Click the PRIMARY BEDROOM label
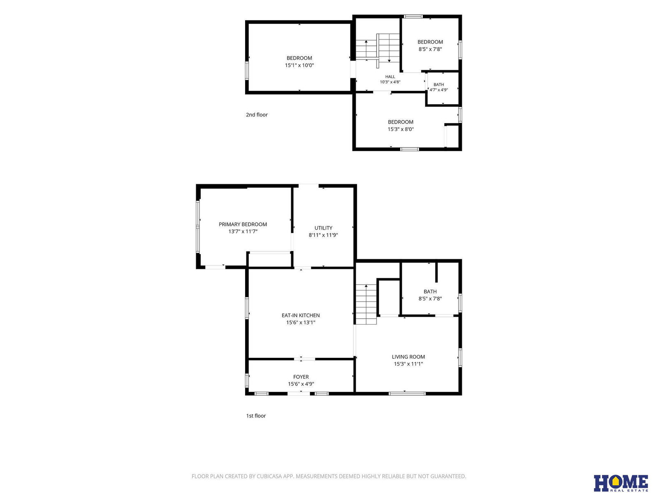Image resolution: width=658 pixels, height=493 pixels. [x=243, y=224]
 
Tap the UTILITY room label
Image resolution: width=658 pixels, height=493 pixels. [x=323, y=228]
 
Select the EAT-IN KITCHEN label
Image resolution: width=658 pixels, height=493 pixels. [x=300, y=315]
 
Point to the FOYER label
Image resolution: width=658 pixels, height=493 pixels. [x=301, y=377]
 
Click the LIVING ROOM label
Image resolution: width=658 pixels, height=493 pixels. [x=408, y=357]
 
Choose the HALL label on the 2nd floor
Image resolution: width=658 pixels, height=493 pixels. [x=390, y=77]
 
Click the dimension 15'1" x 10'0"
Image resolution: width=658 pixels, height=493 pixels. [x=299, y=65]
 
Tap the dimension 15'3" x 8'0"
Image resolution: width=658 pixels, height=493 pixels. [x=401, y=129]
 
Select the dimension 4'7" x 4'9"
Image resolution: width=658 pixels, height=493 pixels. [x=438, y=90]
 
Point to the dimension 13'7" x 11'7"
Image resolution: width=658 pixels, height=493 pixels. [x=243, y=231]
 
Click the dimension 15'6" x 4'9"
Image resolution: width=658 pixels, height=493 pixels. [x=301, y=384]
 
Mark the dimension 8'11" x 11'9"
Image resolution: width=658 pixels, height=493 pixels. [x=323, y=235]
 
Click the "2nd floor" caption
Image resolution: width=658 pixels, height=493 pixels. [x=257, y=115]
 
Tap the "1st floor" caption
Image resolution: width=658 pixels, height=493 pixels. [x=256, y=415]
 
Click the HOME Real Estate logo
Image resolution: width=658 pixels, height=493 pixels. [x=621, y=483]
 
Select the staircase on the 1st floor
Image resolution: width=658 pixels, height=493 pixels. [x=366, y=304]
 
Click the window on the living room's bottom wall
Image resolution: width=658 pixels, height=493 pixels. [x=407, y=393]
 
